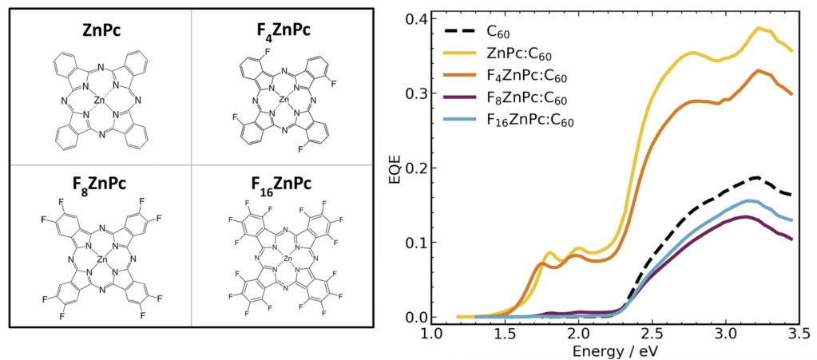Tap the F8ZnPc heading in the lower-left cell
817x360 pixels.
tap(98, 180)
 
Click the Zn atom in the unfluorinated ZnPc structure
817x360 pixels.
tap(98, 101)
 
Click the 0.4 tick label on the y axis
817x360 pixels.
tap(413, 18)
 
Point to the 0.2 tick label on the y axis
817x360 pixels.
tap(413, 168)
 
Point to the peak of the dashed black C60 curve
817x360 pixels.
tap(754, 177)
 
